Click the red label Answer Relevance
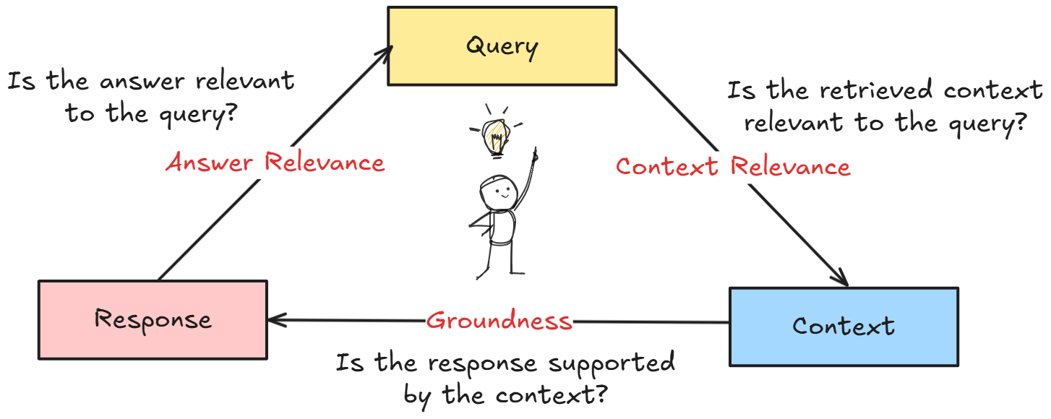tap(275, 163)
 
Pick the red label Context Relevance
tap(733, 167)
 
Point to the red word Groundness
tap(499, 321)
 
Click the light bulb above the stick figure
tap(496, 135)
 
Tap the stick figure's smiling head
tap(498, 193)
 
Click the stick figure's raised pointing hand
tap(535, 154)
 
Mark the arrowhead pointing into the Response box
tap(275, 319)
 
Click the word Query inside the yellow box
tap(502, 47)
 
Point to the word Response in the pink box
tap(153, 319)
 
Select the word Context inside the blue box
tap(844, 326)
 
